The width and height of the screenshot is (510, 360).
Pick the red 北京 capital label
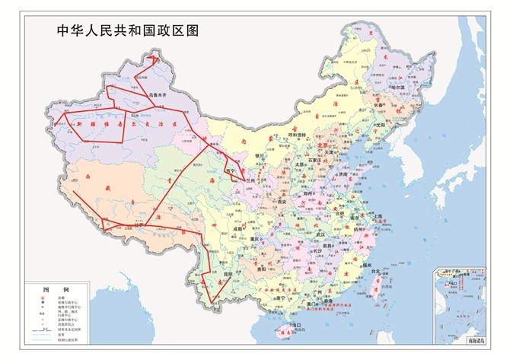point(325,145)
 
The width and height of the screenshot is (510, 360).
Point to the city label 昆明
point(226,276)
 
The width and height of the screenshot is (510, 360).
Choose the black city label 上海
point(378,216)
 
